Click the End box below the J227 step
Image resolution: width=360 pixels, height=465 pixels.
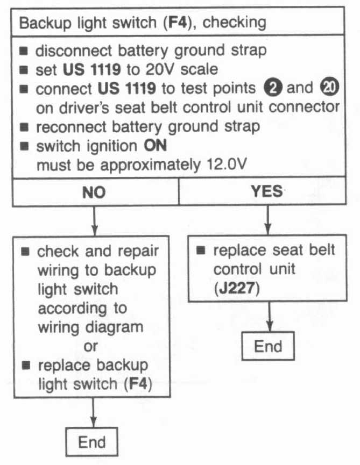(x=268, y=346)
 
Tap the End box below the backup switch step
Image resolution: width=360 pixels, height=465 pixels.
(x=92, y=442)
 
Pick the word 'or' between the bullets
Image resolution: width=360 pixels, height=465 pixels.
(x=91, y=346)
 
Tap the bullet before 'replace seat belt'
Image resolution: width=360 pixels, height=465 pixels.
(x=200, y=251)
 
